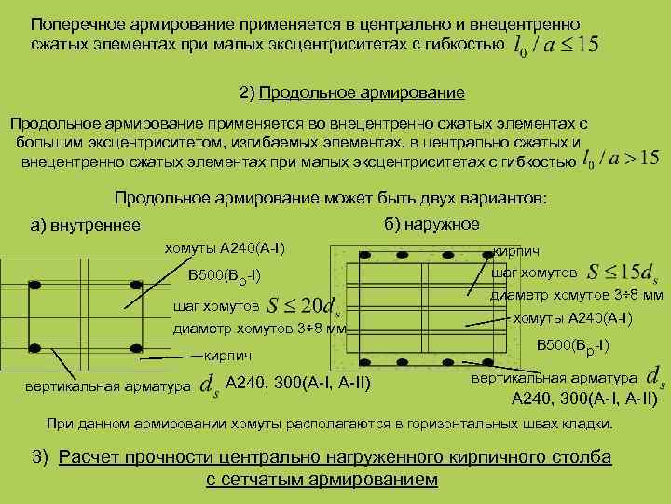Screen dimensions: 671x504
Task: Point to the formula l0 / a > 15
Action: (620, 160)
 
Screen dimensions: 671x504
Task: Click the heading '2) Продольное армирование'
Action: (351, 93)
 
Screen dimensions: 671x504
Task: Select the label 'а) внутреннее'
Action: (85, 225)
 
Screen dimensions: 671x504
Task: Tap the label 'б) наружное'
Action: (431, 224)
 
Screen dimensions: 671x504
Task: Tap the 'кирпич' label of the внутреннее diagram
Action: (229, 356)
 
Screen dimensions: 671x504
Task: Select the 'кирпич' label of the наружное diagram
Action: (513, 251)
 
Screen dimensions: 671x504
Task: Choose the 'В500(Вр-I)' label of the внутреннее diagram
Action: (224, 274)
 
